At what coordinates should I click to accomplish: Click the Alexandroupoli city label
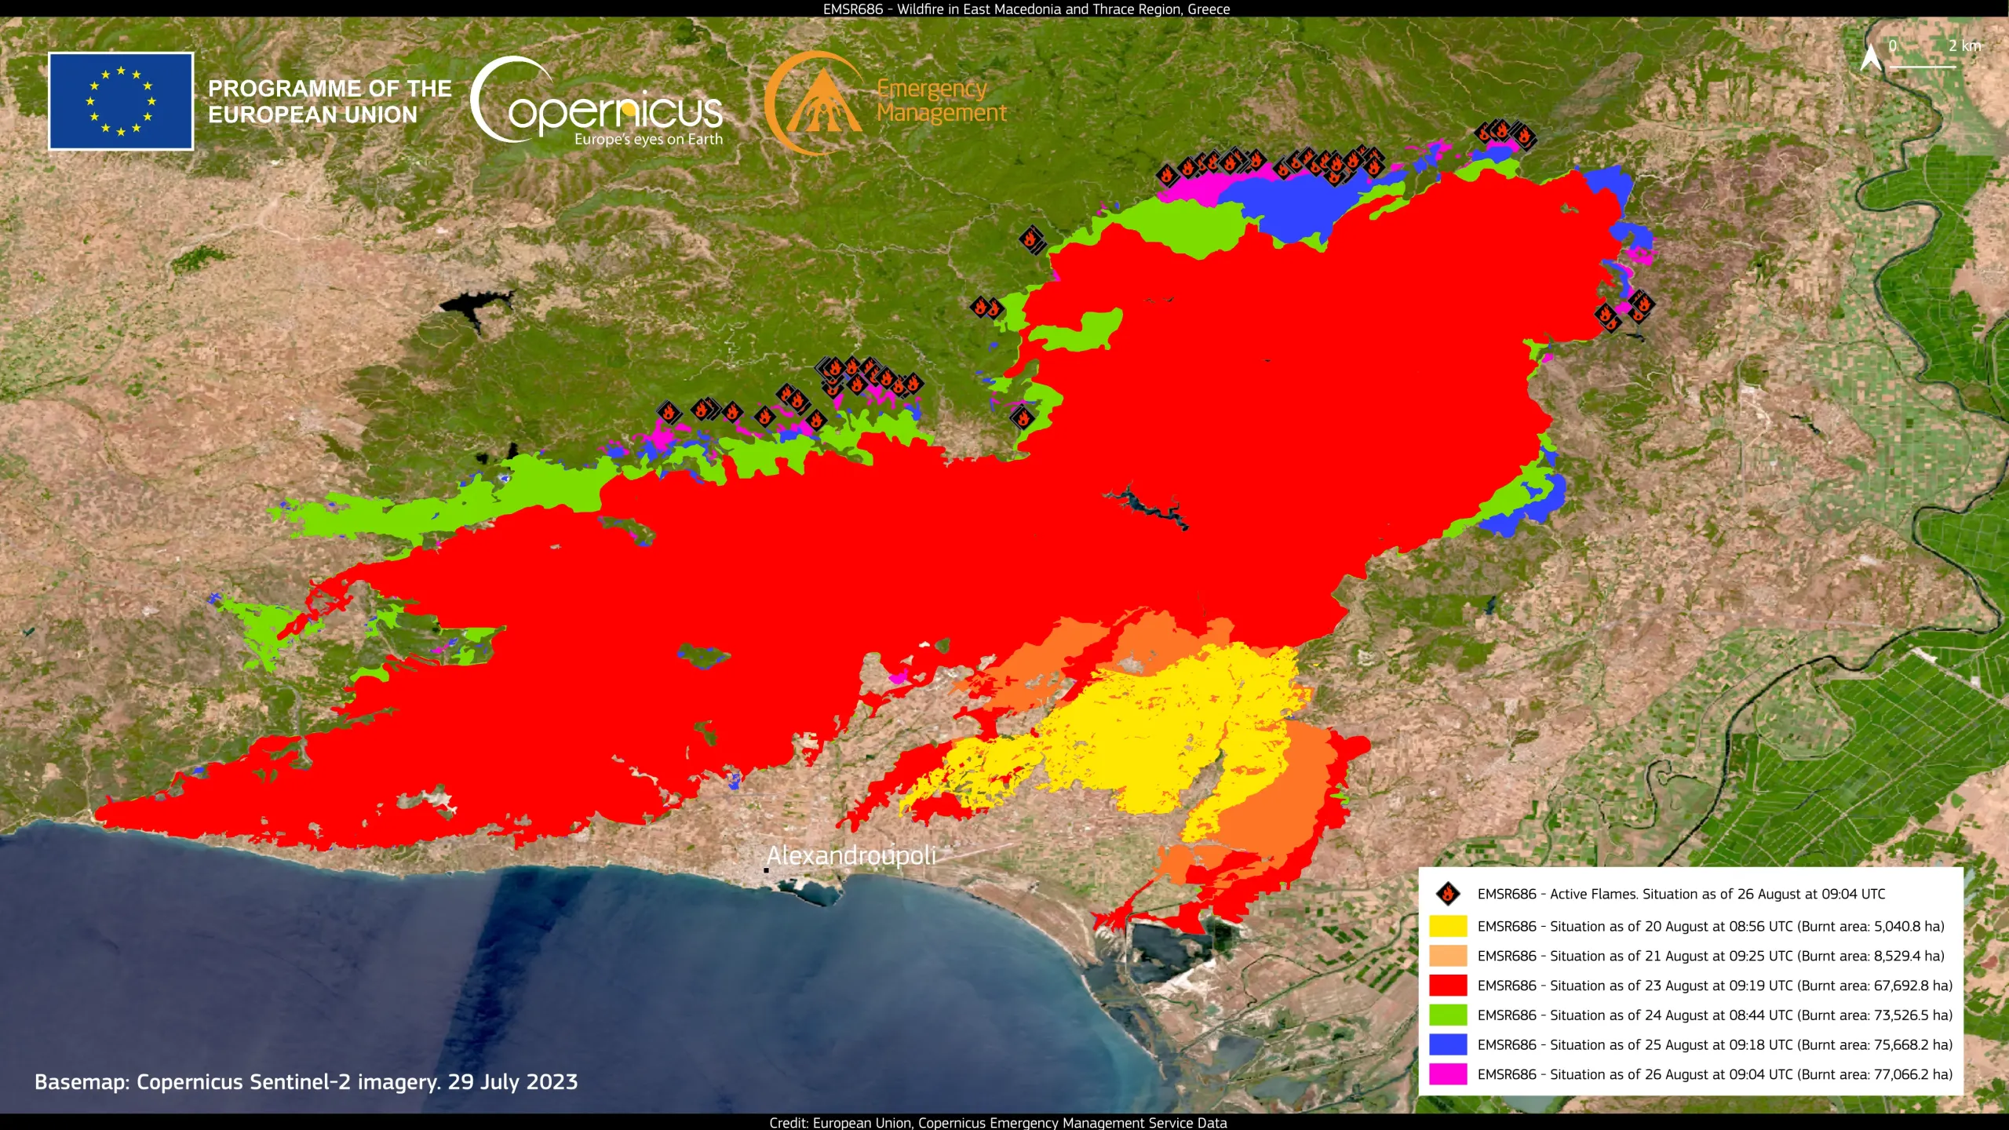tap(851, 855)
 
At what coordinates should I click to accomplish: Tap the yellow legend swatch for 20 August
tap(1448, 926)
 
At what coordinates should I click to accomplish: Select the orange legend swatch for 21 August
tap(1448, 956)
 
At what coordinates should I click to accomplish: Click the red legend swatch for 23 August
tap(1448, 986)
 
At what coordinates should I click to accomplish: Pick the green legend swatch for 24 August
tap(1448, 1015)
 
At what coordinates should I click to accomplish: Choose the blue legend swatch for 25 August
tap(1448, 1044)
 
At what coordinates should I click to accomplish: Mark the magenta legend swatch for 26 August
tap(1448, 1074)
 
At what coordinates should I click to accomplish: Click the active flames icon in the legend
tap(1448, 894)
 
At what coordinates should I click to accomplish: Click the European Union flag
tap(121, 101)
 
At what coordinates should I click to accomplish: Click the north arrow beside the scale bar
tap(1871, 56)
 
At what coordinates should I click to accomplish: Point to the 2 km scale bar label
tap(1964, 46)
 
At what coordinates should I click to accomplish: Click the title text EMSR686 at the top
tap(852, 9)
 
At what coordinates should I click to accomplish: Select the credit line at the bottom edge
tap(997, 1123)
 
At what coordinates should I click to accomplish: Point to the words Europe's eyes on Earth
tap(648, 140)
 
